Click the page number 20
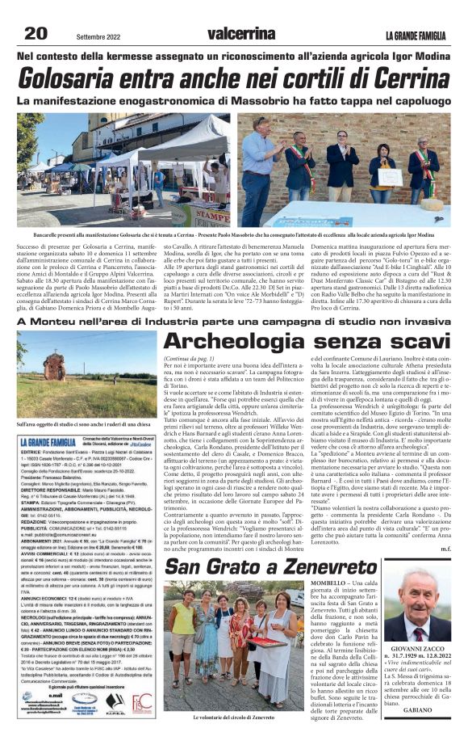(36, 32)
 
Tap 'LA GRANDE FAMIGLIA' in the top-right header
(414, 34)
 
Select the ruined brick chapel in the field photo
(46, 363)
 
